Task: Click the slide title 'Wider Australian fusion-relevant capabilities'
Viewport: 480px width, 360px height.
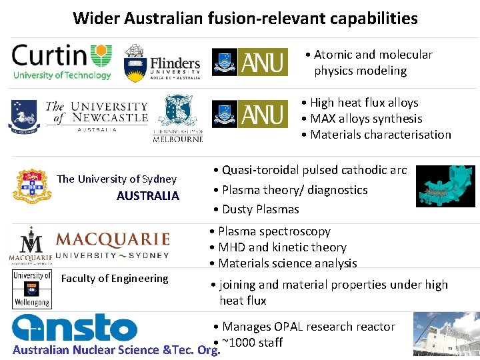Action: click(x=245, y=18)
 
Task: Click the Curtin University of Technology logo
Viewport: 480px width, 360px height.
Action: click(x=62, y=61)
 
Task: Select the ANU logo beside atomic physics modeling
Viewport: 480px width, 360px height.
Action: click(x=250, y=62)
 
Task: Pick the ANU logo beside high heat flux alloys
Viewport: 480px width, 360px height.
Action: click(x=250, y=114)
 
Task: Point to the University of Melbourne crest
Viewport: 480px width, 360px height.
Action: click(x=178, y=118)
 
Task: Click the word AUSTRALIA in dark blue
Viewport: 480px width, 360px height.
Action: click(x=148, y=196)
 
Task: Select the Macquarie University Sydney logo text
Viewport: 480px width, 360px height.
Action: click(x=112, y=245)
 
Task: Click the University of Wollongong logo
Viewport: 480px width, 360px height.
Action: click(x=32, y=289)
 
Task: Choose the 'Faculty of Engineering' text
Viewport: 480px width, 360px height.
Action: click(x=115, y=279)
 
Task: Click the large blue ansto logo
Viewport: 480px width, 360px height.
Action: click(x=75, y=328)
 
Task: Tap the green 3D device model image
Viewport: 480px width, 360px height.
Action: click(x=445, y=186)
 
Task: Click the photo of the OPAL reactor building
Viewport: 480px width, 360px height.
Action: click(x=446, y=335)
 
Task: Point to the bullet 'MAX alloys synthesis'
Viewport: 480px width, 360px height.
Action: click(x=366, y=119)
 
